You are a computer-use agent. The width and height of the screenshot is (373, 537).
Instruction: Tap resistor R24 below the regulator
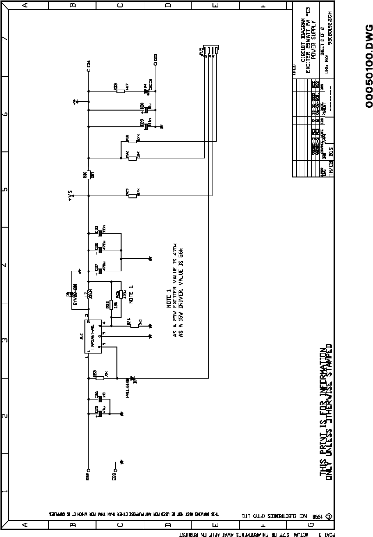coord(135,326)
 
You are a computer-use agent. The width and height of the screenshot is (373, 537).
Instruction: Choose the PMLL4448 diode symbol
coord(133,380)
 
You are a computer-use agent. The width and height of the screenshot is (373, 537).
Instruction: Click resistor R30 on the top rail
coord(88,175)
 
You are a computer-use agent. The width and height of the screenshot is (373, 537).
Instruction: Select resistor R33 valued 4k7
coord(121,91)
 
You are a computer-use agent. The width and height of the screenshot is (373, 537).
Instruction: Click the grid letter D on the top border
coord(167,6)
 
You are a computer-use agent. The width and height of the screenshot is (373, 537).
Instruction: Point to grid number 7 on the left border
coord(5,38)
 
